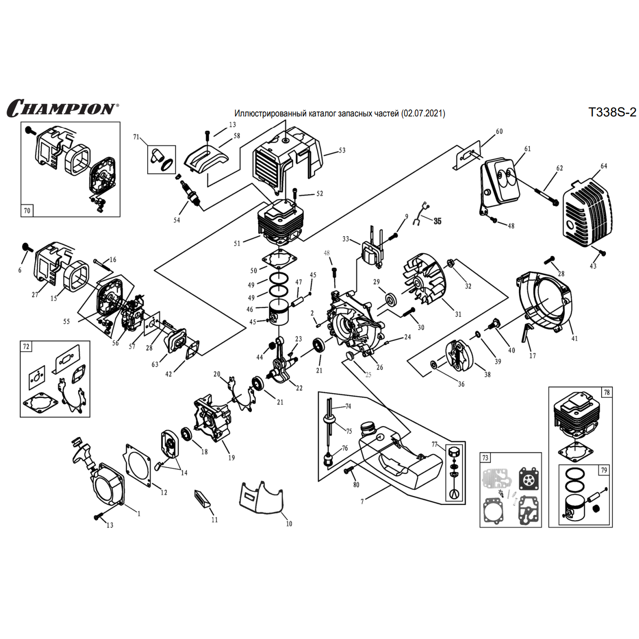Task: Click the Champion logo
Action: coord(62,108)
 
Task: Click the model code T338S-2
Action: coord(612,112)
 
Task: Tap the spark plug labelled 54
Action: coord(191,194)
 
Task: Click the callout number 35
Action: coord(437,221)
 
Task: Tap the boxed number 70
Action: coord(27,211)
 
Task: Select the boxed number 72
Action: coord(26,346)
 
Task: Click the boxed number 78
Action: coord(606,392)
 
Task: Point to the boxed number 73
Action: coord(485,458)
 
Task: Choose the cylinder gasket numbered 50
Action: coord(280,258)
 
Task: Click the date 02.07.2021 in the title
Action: coord(424,114)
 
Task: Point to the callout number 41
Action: coord(574,338)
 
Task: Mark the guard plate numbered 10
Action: coord(261,498)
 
